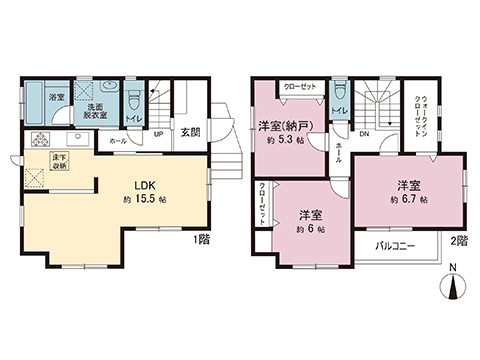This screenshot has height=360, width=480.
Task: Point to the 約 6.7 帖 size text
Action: click(407, 199)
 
